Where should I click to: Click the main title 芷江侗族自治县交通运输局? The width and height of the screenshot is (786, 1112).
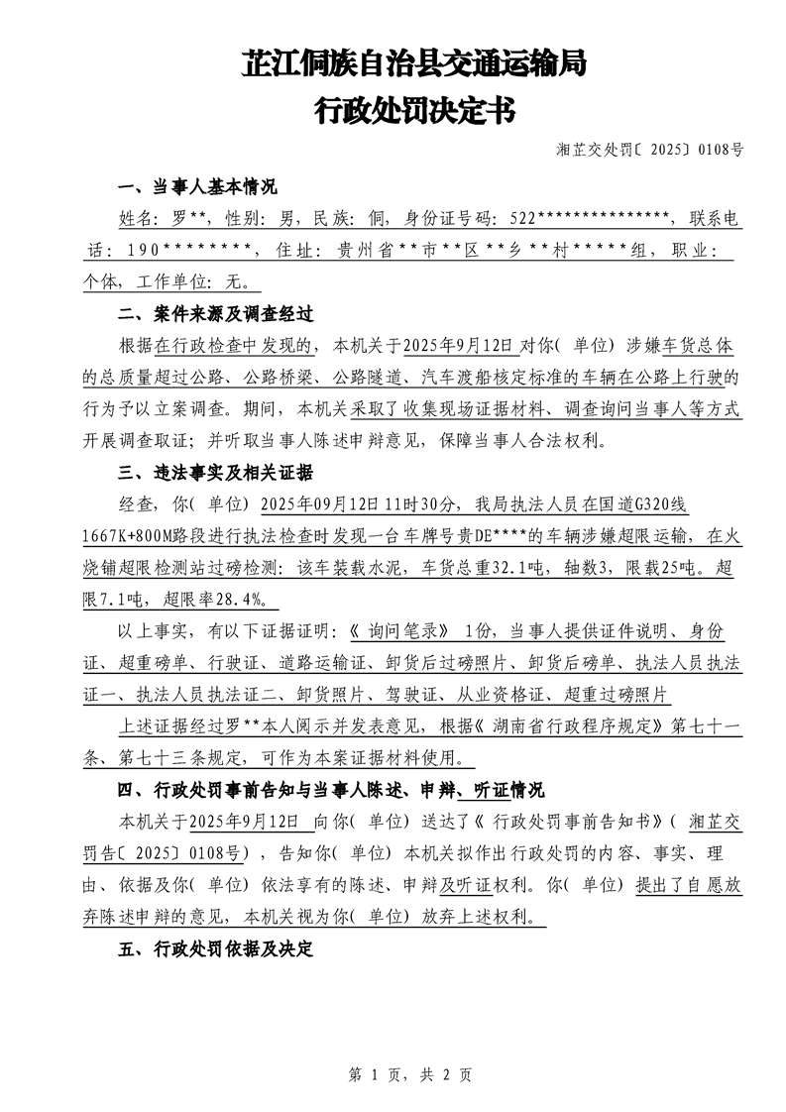[414, 64]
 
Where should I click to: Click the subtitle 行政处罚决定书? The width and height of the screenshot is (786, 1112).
[414, 110]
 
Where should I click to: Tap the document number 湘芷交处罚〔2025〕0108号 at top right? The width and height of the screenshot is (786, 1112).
[649, 151]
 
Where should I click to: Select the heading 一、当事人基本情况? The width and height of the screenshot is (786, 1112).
[197, 187]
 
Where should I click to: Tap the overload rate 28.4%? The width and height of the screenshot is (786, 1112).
[245, 601]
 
